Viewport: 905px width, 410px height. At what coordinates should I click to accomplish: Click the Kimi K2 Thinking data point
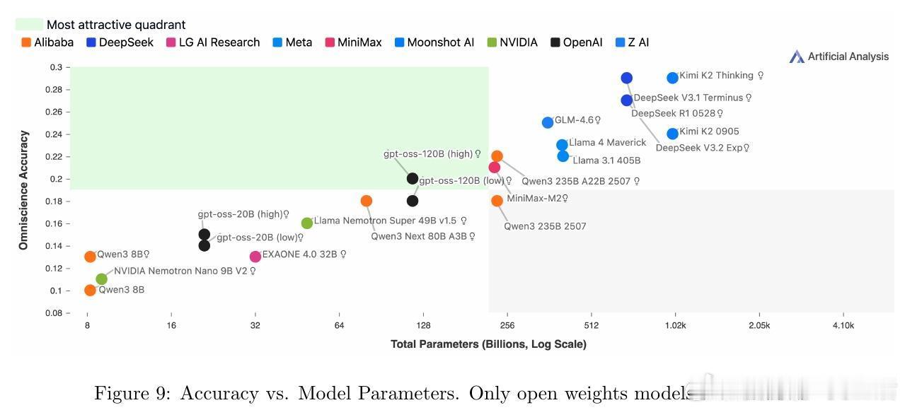tap(672, 78)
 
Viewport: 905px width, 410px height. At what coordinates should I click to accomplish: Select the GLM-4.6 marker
tap(548, 122)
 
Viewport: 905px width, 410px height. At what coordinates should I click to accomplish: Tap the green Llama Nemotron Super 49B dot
tap(307, 223)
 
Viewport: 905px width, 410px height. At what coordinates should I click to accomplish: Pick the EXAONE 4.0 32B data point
tap(255, 256)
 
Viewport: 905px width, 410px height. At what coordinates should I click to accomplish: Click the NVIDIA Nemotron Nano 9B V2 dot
tap(102, 279)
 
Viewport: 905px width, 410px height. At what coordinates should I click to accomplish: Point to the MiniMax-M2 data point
tap(495, 168)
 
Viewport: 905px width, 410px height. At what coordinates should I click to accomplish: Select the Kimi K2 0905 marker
tap(672, 134)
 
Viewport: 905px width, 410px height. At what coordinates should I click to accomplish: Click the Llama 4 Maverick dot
tap(562, 145)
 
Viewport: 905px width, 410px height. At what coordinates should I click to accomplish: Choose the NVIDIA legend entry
tap(512, 42)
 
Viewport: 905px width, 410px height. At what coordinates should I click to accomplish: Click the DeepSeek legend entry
tap(120, 42)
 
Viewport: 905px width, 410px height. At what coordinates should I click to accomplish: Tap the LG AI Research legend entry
tap(212, 42)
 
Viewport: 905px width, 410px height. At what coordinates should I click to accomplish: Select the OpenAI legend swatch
tap(556, 42)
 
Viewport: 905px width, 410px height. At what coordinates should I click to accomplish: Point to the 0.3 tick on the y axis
tap(55, 67)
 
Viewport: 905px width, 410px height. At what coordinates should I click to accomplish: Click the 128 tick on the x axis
tap(423, 326)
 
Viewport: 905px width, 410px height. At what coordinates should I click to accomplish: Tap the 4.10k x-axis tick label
tap(843, 326)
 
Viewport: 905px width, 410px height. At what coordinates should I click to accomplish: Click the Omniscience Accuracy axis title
tap(24, 189)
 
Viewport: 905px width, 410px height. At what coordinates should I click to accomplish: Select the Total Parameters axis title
tap(488, 344)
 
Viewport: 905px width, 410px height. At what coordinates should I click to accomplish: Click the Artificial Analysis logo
tap(839, 57)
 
